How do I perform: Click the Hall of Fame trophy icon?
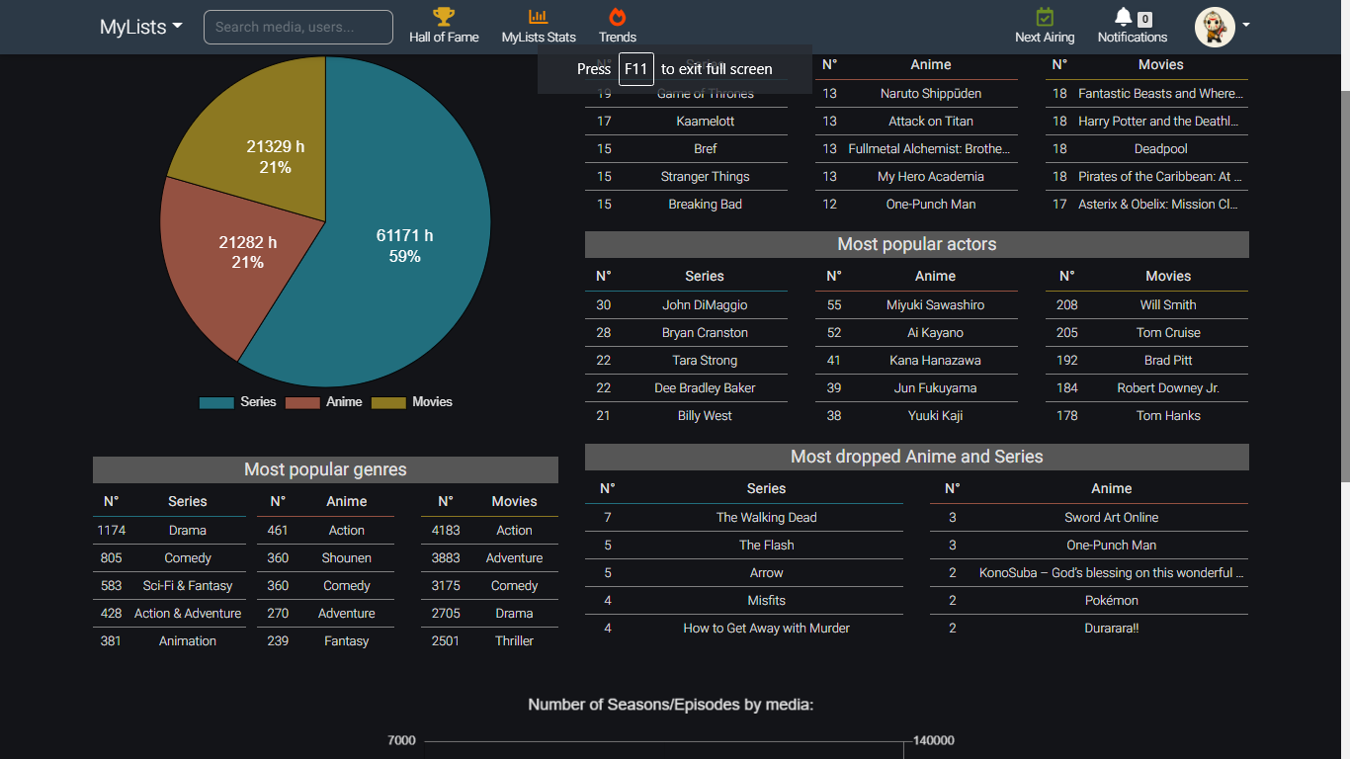click(x=444, y=17)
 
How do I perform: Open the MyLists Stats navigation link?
click(x=539, y=27)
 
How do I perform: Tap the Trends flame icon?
click(x=618, y=17)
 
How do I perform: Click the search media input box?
click(x=297, y=27)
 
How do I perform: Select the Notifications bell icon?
click(x=1123, y=17)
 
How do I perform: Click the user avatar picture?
click(x=1215, y=27)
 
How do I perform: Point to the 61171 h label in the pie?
click(x=404, y=235)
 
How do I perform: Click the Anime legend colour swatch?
click(x=302, y=402)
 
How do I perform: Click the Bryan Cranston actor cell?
click(x=705, y=333)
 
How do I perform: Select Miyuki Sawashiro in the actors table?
click(x=935, y=305)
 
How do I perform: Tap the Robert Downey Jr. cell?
click(x=1168, y=388)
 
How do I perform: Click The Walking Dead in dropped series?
click(x=766, y=518)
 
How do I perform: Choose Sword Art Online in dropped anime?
click(x=1111, y=518)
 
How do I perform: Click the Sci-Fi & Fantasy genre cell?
click(x=188, y=586)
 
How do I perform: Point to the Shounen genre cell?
click(x=346, y=558)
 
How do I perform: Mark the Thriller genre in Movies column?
click(x=514, y=641)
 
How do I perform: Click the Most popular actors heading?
click(x=916, y=244)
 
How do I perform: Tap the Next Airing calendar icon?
click(x=1045, y=17)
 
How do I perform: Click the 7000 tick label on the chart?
click(x=401, y=740)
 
